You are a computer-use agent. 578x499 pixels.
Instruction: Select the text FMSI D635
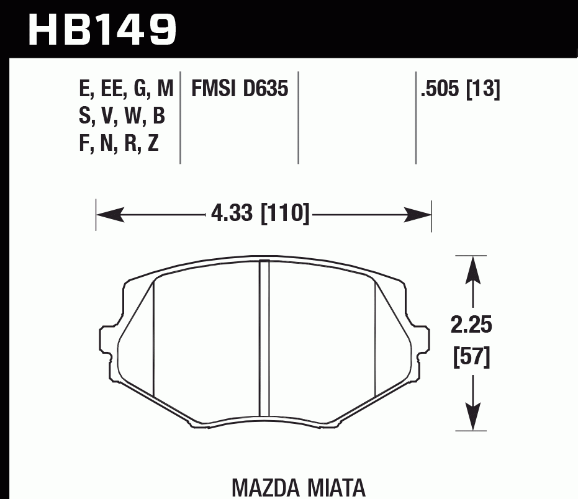point(240,89)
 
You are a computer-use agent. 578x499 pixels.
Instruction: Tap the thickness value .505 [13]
point(460,89)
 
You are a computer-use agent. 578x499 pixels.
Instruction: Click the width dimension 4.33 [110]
point(260,215)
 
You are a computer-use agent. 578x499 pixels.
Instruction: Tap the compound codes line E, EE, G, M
point(125,89)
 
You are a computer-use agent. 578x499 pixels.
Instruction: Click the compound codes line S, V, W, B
point(122,116)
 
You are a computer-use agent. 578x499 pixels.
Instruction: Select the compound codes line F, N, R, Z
point(119,143)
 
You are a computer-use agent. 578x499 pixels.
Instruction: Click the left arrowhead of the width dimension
point(107,215)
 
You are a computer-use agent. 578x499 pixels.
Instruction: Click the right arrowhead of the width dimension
point(420,215)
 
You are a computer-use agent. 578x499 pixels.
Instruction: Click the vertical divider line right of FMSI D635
point(299,118)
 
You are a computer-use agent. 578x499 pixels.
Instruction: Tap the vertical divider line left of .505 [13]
point(415,118)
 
